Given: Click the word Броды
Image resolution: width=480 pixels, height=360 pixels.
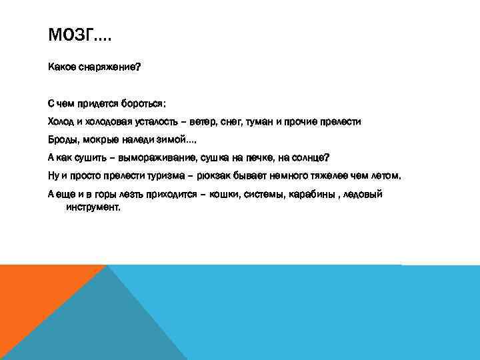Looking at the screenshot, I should (63, 140).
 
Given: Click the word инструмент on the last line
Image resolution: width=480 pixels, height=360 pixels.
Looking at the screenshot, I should (93, 207).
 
